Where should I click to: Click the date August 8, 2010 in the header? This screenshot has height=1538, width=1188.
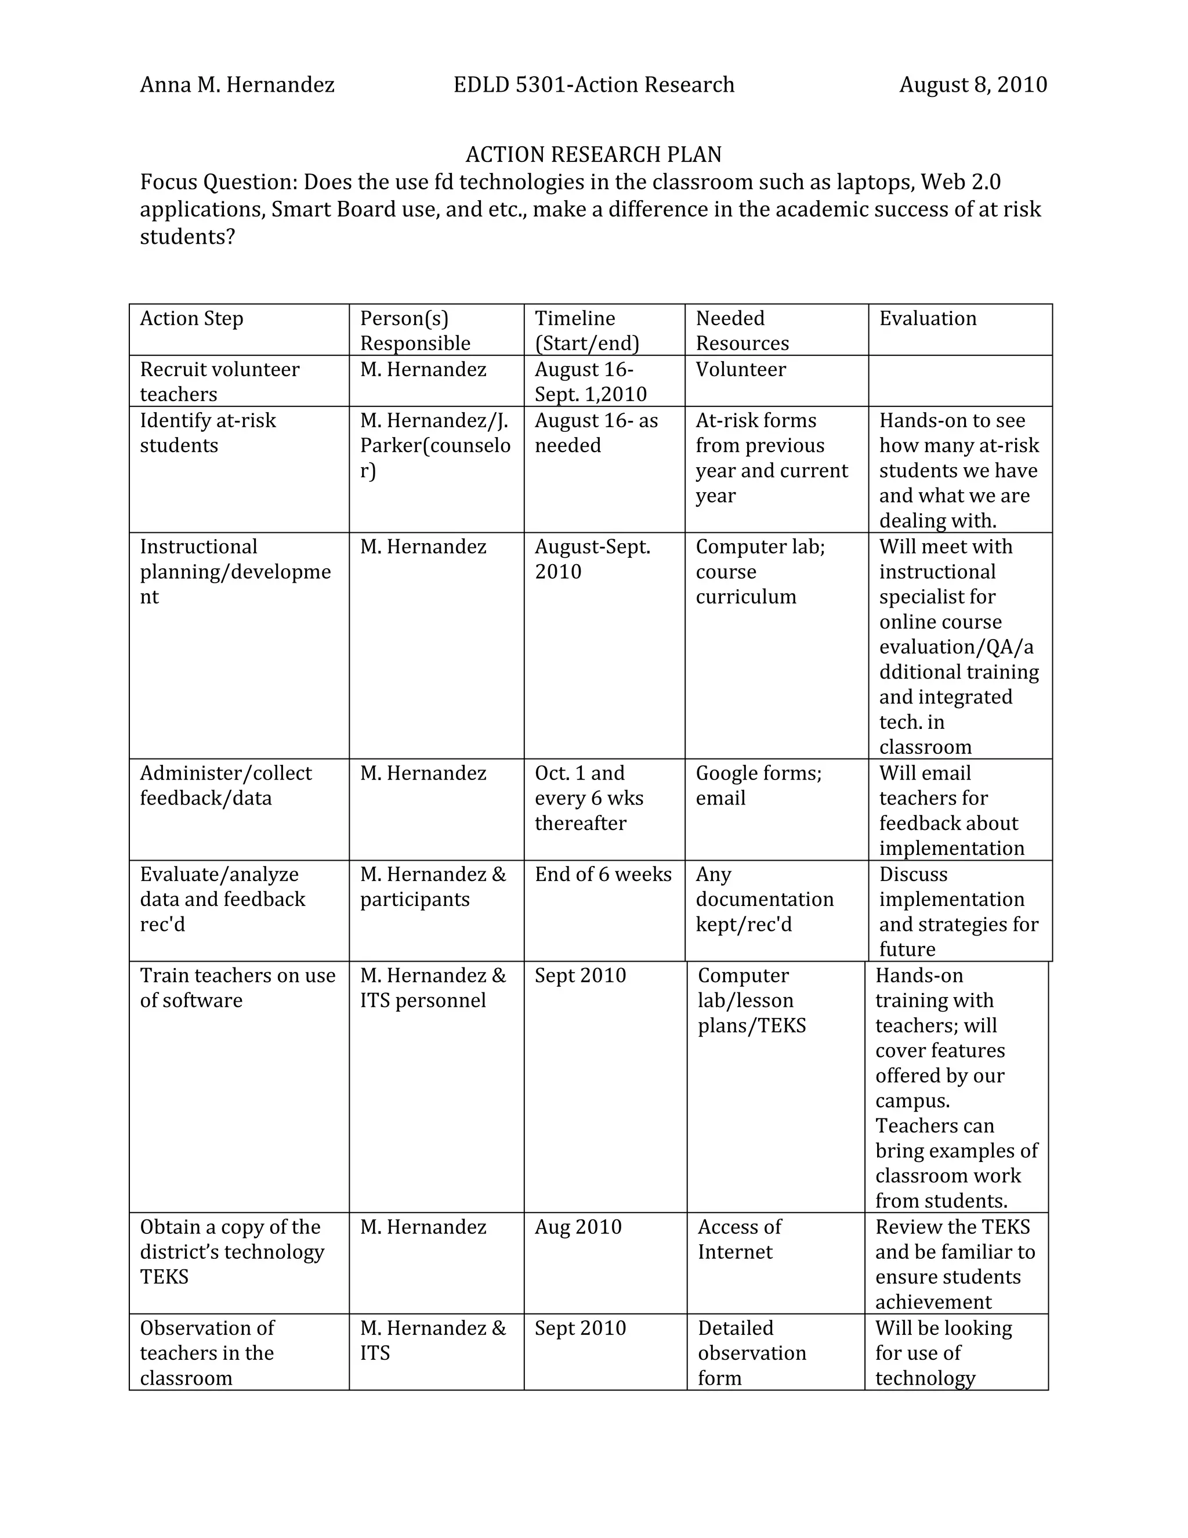tap(973, 85)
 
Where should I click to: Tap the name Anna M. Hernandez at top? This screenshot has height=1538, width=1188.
tap(237, 85)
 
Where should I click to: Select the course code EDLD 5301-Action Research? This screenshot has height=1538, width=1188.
tap(593, 85)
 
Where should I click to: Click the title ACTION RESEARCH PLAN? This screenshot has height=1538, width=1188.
tap(593, 154)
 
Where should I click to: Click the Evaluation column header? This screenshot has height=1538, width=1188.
tap(928, 318)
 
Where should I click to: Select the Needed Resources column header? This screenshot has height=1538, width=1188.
tap(742, 330)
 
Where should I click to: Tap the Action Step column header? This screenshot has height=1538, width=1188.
tap(191, 318)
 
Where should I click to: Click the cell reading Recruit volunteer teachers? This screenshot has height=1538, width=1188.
tap(220, 381)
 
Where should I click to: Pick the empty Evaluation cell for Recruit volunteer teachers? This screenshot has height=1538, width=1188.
tap(960, 381)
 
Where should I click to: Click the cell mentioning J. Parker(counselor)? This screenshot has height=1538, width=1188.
tap(435, 445)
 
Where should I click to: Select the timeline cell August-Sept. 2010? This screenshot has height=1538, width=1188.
tap(593, 558)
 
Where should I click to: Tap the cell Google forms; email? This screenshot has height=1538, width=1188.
tap(758, 785)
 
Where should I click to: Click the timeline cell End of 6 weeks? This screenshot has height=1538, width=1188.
tap(603, 874)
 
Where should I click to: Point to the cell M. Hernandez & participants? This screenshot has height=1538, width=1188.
tap(433, 887)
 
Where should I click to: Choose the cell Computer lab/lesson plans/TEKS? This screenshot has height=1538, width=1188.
tap(752, 1000)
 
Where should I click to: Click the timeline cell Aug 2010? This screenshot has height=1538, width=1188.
tap(578, 1227)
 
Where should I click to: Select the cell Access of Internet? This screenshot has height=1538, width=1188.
tap(739, 1240)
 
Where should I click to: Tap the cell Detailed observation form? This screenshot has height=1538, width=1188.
tap(752, 1353)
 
